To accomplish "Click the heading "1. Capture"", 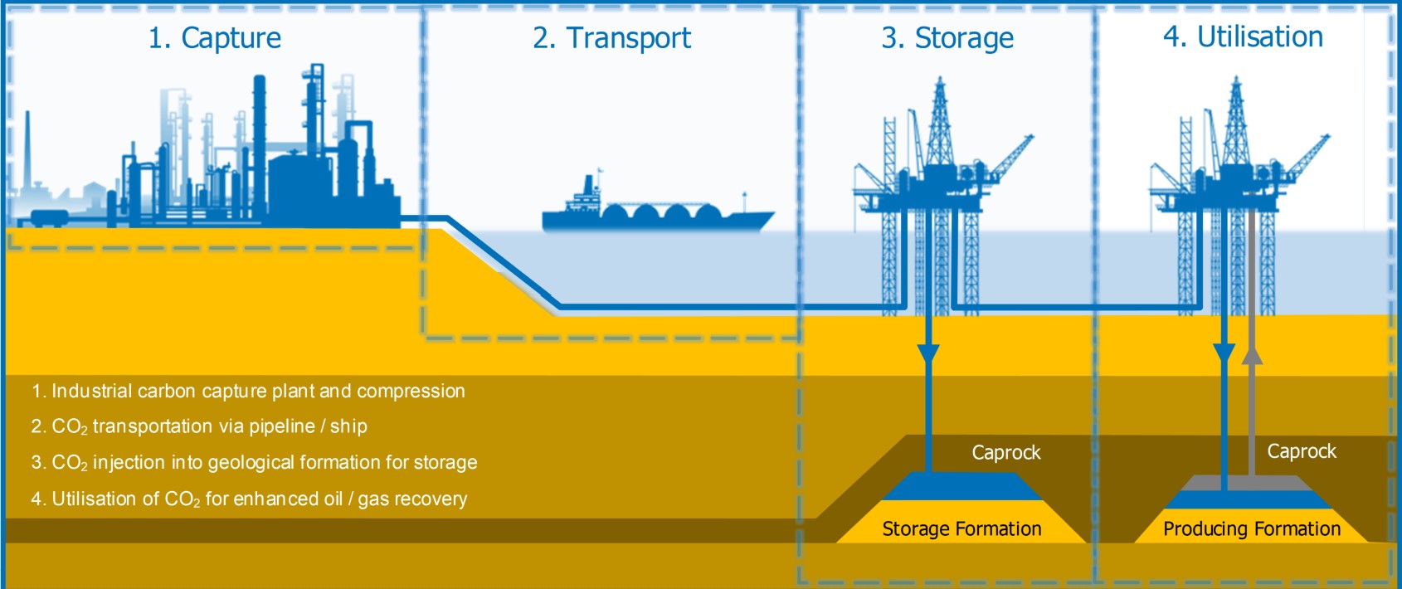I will (214, 38).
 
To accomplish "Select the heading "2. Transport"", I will (611, 38).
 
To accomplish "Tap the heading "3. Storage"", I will (947, 38).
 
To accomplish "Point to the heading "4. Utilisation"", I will (1243, 37).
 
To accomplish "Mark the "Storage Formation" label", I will (961, 528).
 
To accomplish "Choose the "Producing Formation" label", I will (1251, 528).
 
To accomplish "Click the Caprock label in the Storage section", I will (1005, 452).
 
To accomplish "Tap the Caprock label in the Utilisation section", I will (1301, 451).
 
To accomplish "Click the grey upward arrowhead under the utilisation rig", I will (1252, 354).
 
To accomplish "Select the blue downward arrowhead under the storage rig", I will (928, 354).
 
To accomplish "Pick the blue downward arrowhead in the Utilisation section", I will (1224, 354).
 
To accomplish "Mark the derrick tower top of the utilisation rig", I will (1236, 87).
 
